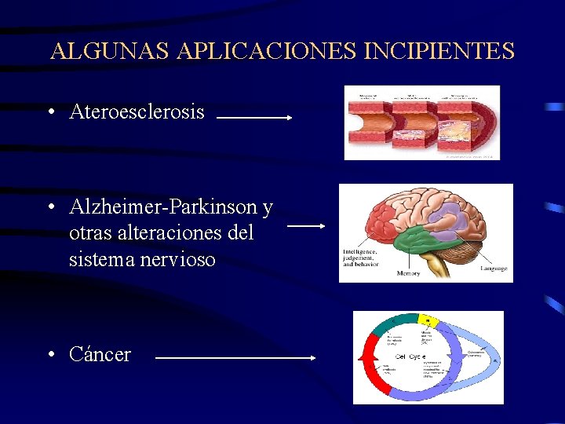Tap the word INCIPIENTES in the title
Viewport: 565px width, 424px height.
click(439, 52)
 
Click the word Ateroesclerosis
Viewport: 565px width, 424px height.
click(137, 112)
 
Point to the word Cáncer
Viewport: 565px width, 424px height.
click(100, 355)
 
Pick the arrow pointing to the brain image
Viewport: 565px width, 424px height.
click(306, 226)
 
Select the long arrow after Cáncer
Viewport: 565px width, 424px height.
click(235, 357)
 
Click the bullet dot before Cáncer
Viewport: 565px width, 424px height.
click(49, 354)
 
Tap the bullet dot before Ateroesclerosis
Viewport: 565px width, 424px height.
click(49, 112)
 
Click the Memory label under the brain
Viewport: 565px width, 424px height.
click(408, 273)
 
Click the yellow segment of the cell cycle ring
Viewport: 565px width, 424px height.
click(428, 320)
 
